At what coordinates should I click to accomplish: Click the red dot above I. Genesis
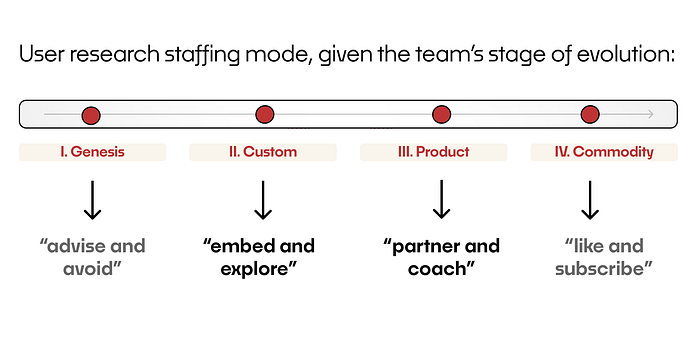[91, 115]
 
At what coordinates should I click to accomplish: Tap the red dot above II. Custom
[265, 114]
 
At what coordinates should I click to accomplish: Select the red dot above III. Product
[442, 114]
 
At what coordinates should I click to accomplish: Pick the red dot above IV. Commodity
[590, 114]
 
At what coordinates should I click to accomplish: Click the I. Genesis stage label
[92, 152]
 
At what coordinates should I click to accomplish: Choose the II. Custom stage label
[263, 152]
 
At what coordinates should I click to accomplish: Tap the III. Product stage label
[433, 152]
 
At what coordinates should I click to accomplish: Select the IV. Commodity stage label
[604, 152]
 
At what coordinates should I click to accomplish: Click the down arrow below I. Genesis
[92, 200]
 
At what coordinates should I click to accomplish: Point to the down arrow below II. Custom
[263, 200]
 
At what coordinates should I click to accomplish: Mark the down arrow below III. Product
[442, 199]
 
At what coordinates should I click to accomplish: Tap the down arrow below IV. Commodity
[590, 200]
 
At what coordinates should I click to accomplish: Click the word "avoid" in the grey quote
[88, 268]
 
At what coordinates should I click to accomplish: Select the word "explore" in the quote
[255, 269]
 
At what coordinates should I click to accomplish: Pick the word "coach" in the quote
[437, 268]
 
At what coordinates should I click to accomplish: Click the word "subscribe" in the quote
[600, 268]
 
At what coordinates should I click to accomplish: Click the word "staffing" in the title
[202, 55]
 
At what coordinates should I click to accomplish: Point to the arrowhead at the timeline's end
[653, 114]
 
